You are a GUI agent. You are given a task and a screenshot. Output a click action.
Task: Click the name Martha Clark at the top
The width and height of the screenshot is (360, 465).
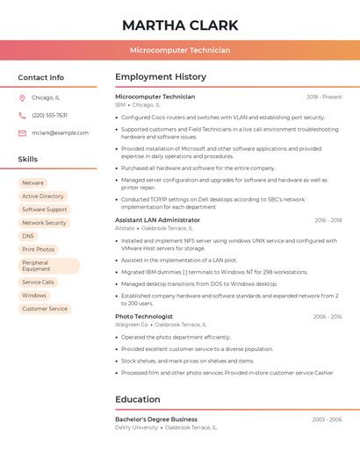(x=180, y=25)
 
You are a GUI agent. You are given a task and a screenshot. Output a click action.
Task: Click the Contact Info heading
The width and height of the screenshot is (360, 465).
(x=41, y=77)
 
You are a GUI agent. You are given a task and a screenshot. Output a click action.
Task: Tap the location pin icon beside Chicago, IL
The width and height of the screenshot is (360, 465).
(x=22, y=97)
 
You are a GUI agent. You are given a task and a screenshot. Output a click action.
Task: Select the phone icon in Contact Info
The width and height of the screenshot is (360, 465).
(x=22, y=115)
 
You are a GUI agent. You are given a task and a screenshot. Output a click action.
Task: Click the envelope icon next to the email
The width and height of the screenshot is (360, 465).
(x=22, y=133)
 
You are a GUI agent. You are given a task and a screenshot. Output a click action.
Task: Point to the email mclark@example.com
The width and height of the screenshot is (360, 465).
(x=60, y=133)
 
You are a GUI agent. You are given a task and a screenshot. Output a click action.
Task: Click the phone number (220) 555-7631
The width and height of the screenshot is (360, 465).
(x=49, y=115)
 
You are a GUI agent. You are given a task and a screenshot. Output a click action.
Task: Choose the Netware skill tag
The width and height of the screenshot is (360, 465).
(x=32, y=183)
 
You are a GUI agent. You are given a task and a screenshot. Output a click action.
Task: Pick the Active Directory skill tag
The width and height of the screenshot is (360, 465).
(x=43, y=197)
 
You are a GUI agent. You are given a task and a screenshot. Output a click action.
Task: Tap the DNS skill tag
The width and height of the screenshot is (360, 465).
(x=28, y=236)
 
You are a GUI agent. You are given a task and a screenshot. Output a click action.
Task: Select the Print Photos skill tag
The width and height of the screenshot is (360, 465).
(x=39, y=249)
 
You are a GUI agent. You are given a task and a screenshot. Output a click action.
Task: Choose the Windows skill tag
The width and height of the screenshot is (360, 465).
(x=34, y=296)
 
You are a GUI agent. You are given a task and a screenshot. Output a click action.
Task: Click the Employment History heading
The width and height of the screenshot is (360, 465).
(x=161, y=77)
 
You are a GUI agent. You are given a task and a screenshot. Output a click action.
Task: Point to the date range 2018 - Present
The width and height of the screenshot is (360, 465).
(x=324, y=97)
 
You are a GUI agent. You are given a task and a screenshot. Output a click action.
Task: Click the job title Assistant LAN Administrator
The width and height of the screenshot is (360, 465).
(x=157, y=220)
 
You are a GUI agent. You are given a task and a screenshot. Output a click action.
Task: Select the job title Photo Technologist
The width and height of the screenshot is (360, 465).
(x=144, y=317)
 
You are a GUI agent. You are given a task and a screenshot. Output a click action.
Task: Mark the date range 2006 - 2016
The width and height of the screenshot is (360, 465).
(x=328, y=317)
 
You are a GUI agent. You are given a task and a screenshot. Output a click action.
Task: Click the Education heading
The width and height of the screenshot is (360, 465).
(x=138, y=399)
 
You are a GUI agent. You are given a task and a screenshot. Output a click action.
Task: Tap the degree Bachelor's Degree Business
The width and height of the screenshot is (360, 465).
(x=156, y=419)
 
